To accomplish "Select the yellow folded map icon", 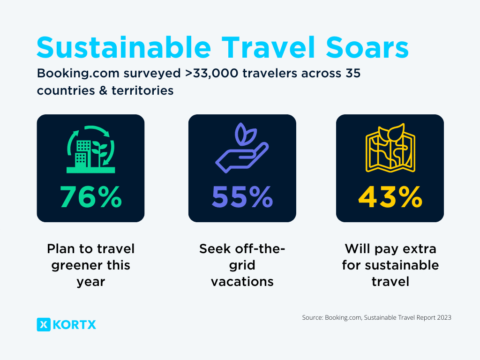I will [x=390, y=146].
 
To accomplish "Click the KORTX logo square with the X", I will [x=44, y=324].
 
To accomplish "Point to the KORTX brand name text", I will [x=75, y=324].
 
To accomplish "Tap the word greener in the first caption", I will [x=78, y=265].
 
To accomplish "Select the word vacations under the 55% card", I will [x=242, y=281].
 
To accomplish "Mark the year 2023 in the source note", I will [x=443, y=318].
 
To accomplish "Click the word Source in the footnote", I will [x=312, y=318].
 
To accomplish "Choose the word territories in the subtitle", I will [x=142, y=90].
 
